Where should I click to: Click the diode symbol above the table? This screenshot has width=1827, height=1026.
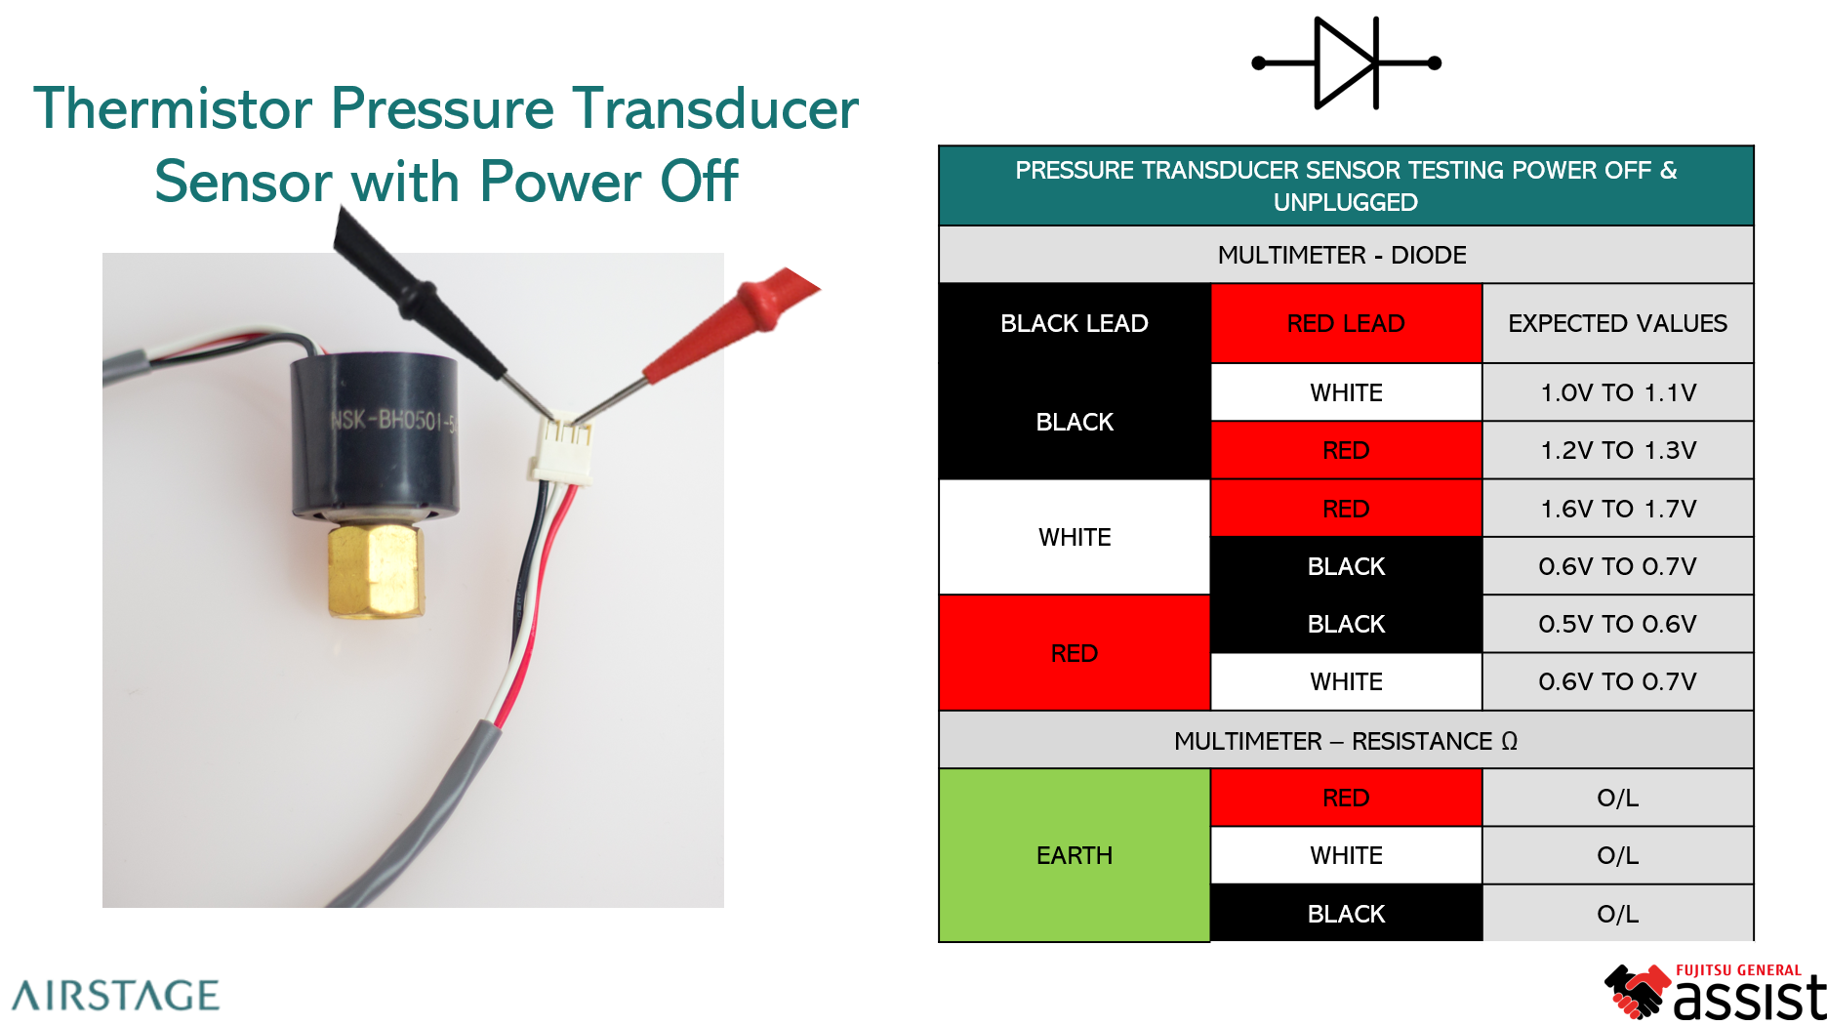[x=1347, y=63]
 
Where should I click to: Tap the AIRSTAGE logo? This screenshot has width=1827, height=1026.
[x=116, y=995]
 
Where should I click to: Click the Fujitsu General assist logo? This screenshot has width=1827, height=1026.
[x=1714, y=992]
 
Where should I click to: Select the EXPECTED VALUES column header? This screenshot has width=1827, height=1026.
[x=1617, y=323]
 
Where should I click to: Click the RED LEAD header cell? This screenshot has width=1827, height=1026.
[x=1346, y=323]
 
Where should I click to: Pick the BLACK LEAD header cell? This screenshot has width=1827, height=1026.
[x=1074, y=323]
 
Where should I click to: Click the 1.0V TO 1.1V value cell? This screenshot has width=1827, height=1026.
[x=1617, y=392]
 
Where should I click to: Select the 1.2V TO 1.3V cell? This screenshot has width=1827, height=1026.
[x=1617, y=450]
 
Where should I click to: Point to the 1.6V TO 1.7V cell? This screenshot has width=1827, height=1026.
[x=1617, y=509]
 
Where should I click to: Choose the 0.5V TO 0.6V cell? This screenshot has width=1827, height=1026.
[x=1617, y=624]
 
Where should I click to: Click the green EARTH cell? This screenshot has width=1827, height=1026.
[x=1074, y=855]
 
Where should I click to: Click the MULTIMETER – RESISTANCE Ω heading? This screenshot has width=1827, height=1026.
[x=1345, y=741]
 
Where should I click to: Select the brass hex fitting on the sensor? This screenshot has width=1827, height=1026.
[x=376, y=570]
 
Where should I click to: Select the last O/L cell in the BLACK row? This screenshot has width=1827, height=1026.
[x=1617, y=914]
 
